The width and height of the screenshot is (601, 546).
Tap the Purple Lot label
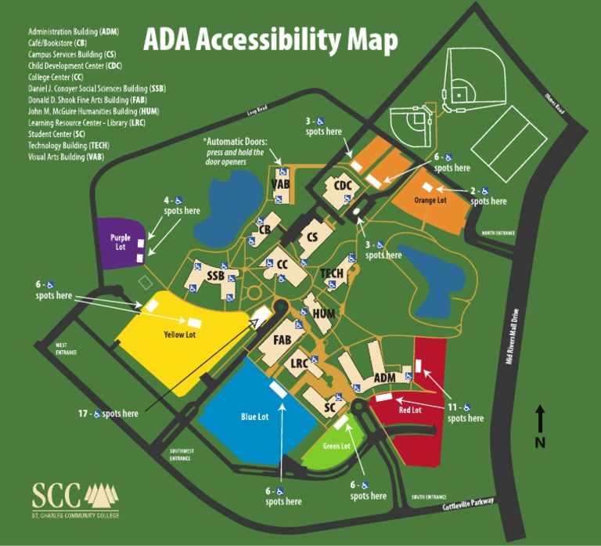click(x=120, y=240)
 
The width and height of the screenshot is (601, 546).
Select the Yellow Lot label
click(x=179, y=334)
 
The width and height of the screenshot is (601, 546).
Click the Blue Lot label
click(x=254, y=416)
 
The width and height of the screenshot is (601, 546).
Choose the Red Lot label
click(x=410, y=410)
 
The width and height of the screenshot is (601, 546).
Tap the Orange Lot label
click(x=430, y=200)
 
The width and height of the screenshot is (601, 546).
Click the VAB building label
click(x=281, y=185)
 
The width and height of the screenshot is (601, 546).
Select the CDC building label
click(x=344, y=186)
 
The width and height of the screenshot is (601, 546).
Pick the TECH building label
click(x=333, y=273)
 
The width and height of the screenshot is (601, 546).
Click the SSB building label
click(x=216, y=276)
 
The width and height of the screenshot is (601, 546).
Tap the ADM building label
click(x=384, y=378)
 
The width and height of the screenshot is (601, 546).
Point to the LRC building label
click(x=299, y=363)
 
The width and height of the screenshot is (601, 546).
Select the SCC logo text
click(x=56, y=495)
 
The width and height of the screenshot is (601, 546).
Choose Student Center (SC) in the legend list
click(x=56, y=134)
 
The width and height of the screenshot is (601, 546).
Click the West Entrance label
click(x=67, y=349)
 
